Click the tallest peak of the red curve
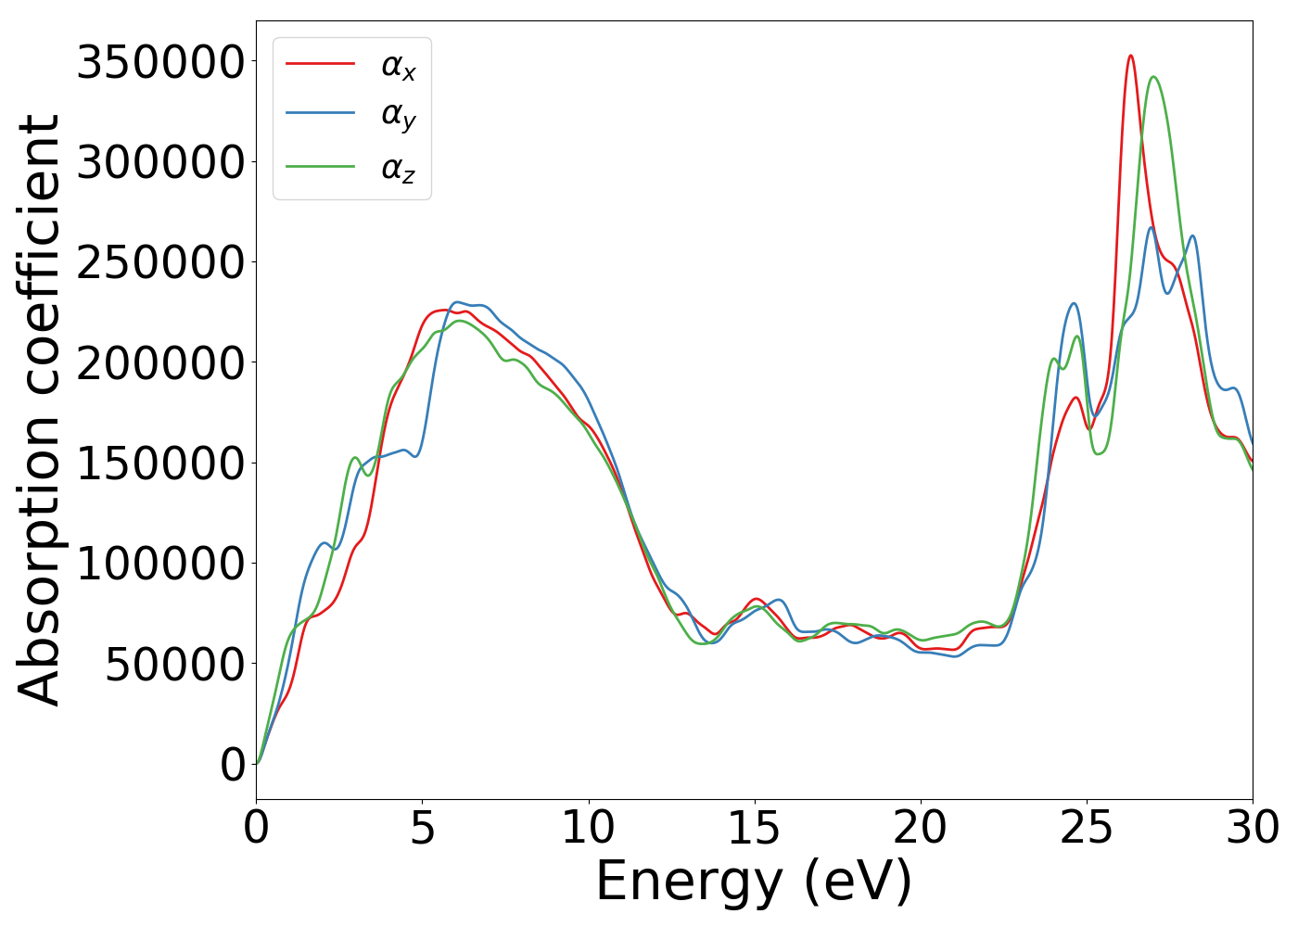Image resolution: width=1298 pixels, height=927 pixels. [1130, 56]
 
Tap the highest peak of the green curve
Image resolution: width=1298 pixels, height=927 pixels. [1152, 77]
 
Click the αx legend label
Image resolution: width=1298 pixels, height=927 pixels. [398, 66]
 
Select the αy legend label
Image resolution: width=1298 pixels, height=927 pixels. [398, 116]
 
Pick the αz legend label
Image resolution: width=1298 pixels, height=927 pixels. [398, 169]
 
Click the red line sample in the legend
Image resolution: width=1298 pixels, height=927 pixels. [320, 63]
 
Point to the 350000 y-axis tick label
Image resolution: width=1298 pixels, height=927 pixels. [160, 63]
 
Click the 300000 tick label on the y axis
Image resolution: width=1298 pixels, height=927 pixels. [160, 163]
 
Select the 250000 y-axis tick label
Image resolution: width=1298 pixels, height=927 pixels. [160, 263]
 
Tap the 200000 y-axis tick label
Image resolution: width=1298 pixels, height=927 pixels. [160, 363]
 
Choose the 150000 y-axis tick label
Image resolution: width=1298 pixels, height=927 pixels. [160, 463]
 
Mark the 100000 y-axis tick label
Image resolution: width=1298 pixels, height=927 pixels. [160, 564]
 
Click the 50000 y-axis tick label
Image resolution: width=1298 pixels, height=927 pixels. [174, 664]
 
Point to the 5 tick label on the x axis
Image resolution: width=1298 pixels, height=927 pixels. [423, 828]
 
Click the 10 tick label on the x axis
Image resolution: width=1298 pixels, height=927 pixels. [588, 828]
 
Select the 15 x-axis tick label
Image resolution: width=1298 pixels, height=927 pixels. [754, 828]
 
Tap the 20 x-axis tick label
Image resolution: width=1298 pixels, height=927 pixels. [920, 828]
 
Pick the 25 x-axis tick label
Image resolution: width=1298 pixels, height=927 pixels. [1086, 828]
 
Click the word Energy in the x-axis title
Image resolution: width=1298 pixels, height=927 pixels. [688, 882]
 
